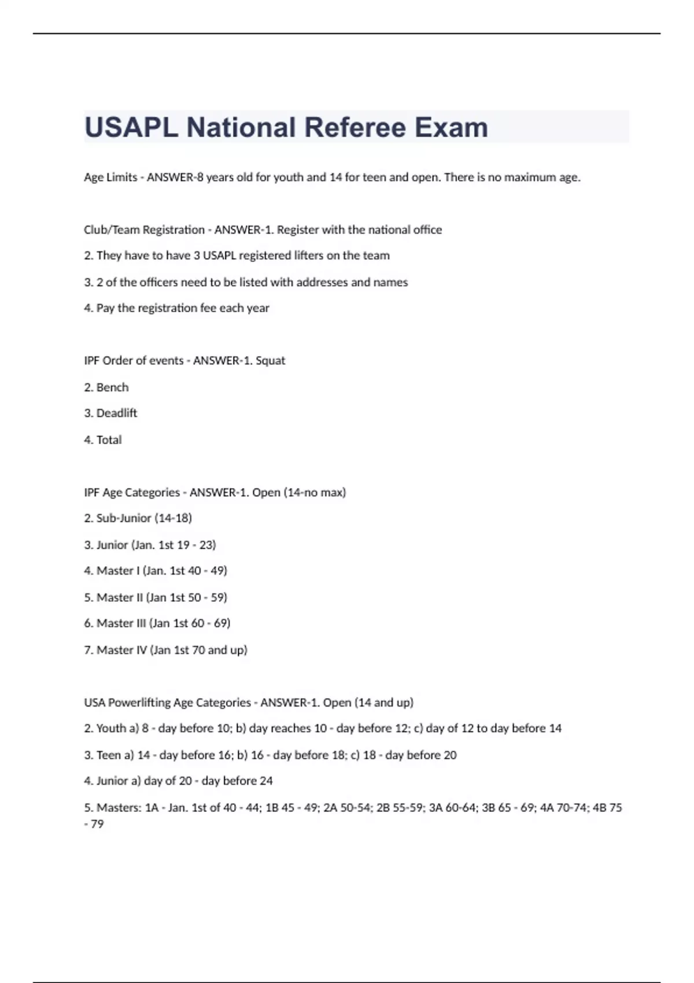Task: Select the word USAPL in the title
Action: click(x=132, y=127)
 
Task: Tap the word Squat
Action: click(x=271, y=361)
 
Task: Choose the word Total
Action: click(x=109, y=440)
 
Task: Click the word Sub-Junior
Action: click(x=124, y=518)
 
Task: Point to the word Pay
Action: click(x=105, y=308)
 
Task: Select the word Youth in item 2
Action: click(x=111, y=729)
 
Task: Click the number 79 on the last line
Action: click(x=97, y=824)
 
